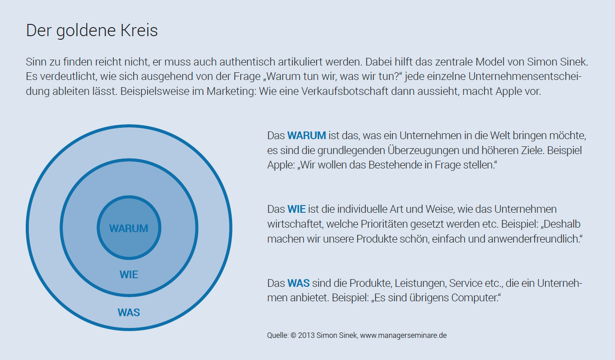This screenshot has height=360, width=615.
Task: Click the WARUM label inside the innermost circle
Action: (x=129, y=229)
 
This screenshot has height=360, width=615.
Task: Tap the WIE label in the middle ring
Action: (x=129, y=275)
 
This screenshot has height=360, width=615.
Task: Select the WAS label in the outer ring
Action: (x=129, y=312)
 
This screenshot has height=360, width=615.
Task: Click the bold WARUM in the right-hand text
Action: (x=307, y=136)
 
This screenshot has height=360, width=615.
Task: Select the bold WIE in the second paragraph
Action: (x=297, y=210)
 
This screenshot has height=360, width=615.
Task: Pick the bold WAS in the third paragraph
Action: (x=298, y=284)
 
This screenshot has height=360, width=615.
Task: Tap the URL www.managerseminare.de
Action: (x=404, y=336)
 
